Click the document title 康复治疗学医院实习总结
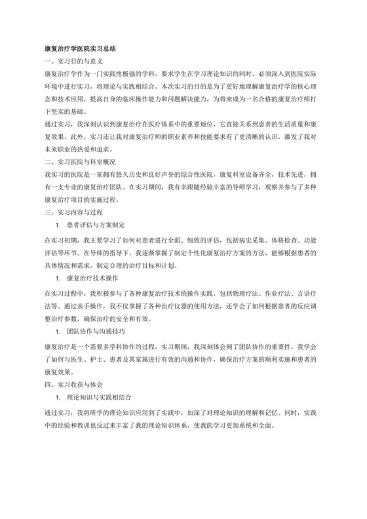[79, 49]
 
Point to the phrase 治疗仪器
[162, 305]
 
